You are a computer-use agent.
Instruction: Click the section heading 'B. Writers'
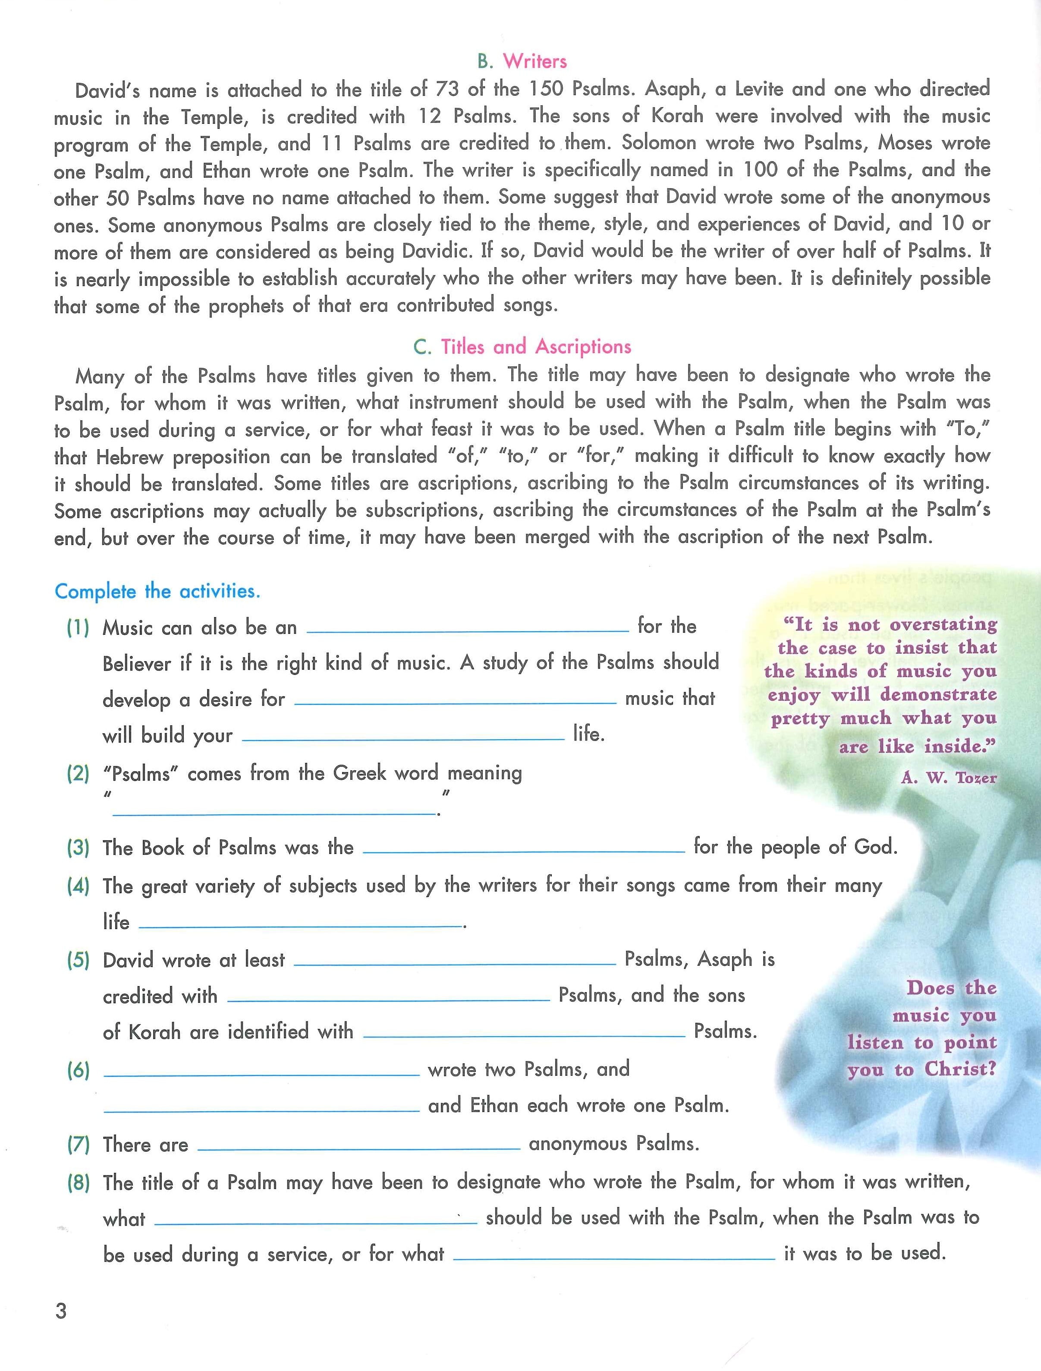click(x=522, y=61)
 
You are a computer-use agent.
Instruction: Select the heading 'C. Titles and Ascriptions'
click(x=522, y=347)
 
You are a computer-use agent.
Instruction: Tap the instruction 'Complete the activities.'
click(x=157, y=591)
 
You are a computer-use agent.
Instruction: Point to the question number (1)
click(x=78, y=628)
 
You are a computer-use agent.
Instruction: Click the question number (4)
click(x=78, y=886)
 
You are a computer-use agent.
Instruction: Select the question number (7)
click(x=78, y=1144)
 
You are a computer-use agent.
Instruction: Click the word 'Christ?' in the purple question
click(x=960, y=1069)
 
